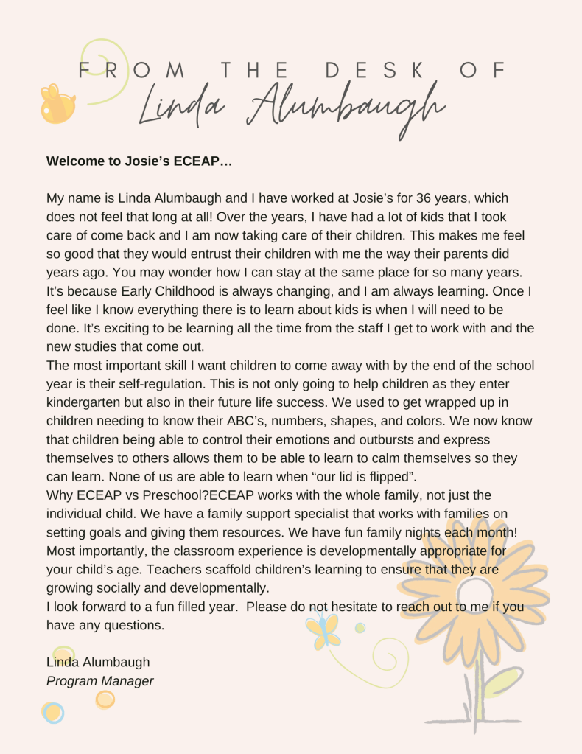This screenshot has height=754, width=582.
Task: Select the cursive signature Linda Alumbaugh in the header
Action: (x=292, y=109)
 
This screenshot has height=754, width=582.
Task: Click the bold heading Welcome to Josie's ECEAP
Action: (x=139, y=161)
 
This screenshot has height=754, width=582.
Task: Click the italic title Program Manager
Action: (x=100, y=681)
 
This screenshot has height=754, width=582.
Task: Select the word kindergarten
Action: (x=86, y=403)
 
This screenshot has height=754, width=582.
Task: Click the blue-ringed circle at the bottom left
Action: (x=53, y=713)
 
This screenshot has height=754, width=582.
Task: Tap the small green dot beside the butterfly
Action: (x=360, y=628)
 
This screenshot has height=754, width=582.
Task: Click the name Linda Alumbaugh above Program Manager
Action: (x=98, y=662)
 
